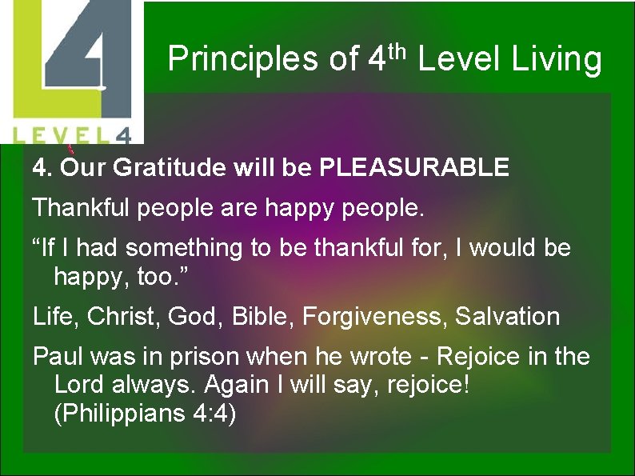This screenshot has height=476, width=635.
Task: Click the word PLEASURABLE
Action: [x=414, y=167]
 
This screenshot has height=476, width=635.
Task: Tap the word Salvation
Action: [x=508, y=316]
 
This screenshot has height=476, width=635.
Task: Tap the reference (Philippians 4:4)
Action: [x=145, y=414]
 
